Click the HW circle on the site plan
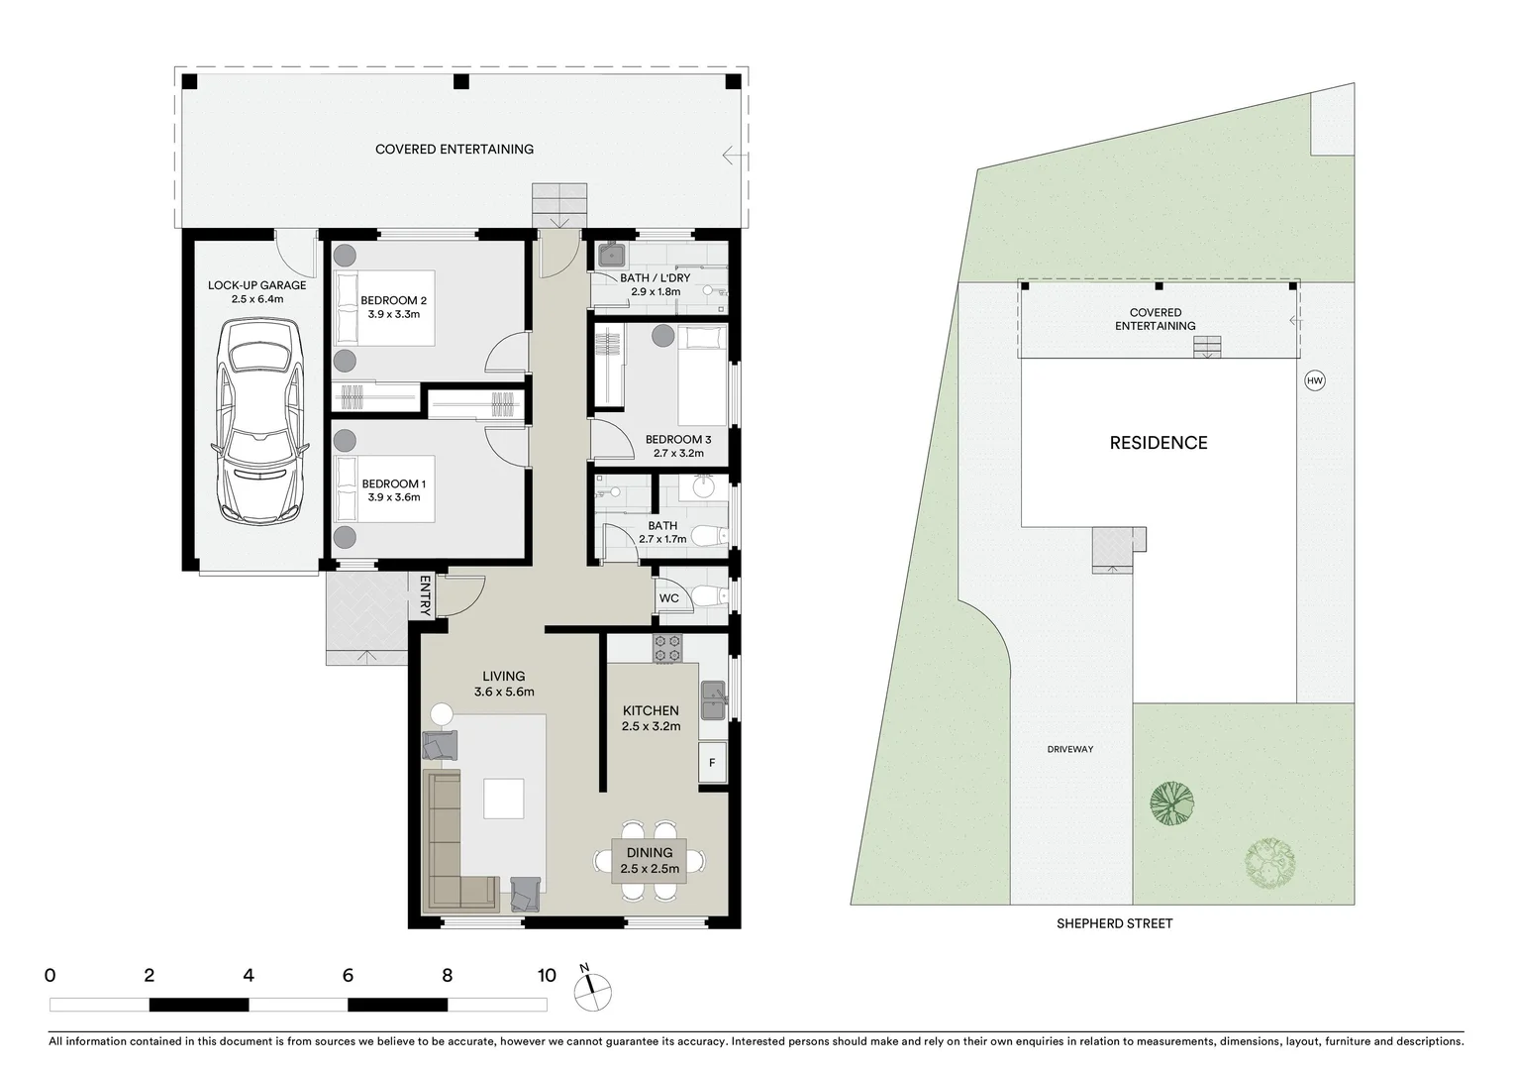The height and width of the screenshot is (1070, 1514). coord(1314,380)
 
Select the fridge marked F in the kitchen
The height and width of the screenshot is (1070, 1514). coord(712,763)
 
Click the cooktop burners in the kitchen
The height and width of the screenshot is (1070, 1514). coord(667,649)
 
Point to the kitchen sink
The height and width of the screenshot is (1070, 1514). coord(714,701)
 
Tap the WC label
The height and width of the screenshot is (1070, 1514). coord(669,598)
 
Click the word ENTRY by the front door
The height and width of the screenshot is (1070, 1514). coord(426,596)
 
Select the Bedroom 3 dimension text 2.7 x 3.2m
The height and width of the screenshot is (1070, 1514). coord(678,453)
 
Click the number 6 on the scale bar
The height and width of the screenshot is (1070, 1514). coord(348,976)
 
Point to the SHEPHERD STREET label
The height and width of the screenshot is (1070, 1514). coord(1114,923)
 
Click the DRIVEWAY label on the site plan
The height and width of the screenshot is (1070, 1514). coord(1070,749)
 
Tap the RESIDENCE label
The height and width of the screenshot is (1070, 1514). coord(1159,443)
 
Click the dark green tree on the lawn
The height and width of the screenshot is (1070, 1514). coord(1171,803)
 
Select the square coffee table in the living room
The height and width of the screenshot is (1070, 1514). coord(504,799)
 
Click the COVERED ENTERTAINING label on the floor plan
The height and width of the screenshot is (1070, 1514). coord(454,150)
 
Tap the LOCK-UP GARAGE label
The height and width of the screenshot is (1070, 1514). coord(257,285)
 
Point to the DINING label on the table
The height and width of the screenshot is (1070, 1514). coord(650,852)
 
